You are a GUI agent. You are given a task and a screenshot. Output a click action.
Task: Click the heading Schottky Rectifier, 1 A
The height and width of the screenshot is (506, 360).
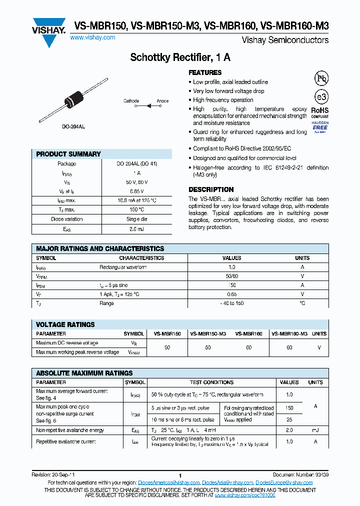[180, 57]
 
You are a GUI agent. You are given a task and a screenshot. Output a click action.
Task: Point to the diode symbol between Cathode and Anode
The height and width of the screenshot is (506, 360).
[148, 106]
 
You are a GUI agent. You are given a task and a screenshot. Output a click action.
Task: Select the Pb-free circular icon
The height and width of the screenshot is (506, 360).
[320, 78]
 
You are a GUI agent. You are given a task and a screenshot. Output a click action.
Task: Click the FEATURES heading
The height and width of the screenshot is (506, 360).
[205, 72]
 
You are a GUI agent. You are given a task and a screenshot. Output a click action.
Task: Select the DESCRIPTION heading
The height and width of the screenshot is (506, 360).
[211, 189]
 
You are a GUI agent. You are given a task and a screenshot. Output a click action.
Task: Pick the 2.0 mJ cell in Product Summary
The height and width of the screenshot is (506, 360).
[134, 228]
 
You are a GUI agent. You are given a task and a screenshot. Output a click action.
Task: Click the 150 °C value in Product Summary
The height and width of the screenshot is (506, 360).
[134, 209]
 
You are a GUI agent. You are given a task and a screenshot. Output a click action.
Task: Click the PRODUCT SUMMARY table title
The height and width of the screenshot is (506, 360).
[68, 154]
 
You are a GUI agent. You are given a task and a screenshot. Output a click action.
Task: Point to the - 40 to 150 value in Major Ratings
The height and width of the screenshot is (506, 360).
[231, 303]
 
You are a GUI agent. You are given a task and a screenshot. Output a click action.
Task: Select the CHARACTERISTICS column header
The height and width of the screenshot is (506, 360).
[141, 258]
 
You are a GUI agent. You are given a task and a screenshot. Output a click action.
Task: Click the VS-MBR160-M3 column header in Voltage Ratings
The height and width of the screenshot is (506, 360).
[289, 333]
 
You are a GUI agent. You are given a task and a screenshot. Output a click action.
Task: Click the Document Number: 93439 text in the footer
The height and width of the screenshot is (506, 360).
[300, 475]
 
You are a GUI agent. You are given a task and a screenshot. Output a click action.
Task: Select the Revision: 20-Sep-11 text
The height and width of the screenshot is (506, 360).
[53, 475]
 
